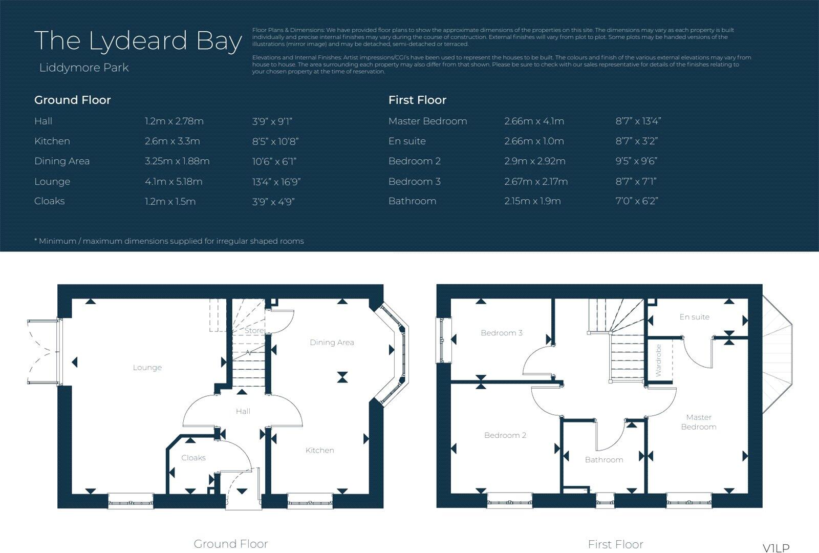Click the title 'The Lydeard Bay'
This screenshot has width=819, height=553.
[x=138, y=40]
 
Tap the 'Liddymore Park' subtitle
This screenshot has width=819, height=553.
[x=84, y=68]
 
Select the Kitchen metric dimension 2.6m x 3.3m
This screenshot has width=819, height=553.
[x=172, y=141]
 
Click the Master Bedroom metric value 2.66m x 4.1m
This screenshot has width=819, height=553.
[x=534, y=121]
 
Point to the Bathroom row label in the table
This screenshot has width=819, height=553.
[x=412, y=201]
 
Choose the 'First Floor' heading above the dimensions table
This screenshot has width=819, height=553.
[x=417, y=100]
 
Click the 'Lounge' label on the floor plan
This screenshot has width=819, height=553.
[x=147, y=368]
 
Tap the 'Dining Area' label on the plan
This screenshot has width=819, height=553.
[x=332, y=343]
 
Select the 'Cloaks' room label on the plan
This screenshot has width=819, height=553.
[x=193, y=458]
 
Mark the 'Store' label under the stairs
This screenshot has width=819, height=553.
[x=254, y=331]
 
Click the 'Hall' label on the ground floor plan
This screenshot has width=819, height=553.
[x=243, y=411]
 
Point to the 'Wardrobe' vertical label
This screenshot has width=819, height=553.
[x=658, y=360]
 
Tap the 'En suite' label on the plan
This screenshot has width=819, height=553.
[x=694, y=317]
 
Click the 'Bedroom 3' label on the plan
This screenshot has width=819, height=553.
[x=502, y=333]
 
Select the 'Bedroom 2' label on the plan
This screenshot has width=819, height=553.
[x=505, y=435]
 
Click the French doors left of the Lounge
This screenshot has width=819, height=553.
[x=44, y=352]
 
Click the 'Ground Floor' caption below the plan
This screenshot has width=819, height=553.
[x=230, y=544]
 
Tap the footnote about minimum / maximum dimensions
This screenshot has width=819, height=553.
[x=169, y=241]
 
